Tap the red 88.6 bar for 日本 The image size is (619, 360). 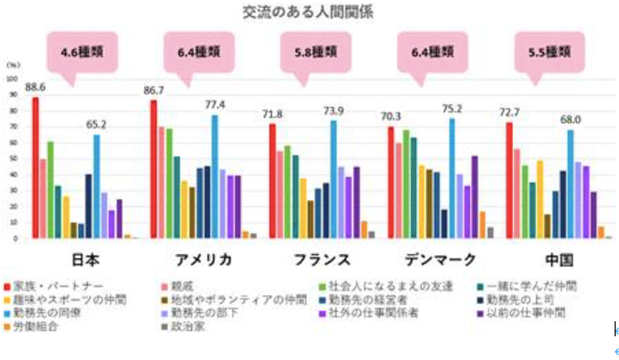tap(36, 167)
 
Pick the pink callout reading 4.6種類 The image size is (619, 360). tap(83, 53)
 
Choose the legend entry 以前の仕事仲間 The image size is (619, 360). tap(542, 313)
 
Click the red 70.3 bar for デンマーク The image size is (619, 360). tap(391, 182)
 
